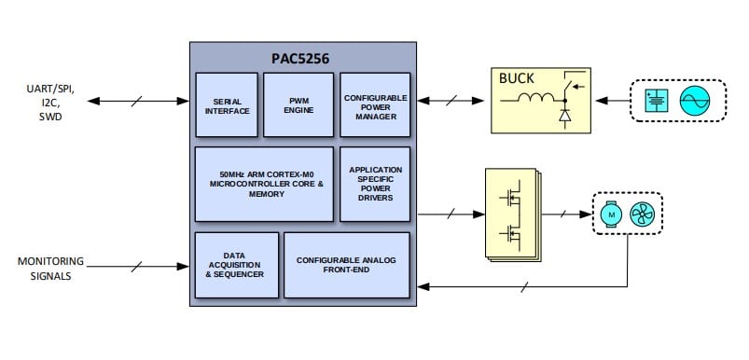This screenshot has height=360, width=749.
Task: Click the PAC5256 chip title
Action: [300, 56]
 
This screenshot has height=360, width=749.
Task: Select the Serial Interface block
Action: [226, 104]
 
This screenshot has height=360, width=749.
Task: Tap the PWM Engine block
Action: [298, 104]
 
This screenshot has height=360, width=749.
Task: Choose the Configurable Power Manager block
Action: [374, 104]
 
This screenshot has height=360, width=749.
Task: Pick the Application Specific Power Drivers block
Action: [374, 183]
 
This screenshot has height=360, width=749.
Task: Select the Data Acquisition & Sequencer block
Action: [236, 265]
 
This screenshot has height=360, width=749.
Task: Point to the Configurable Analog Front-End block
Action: [346, 265]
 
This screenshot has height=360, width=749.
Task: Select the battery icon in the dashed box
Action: [657, 100]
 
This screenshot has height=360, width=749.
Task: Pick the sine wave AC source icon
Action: [696, 100]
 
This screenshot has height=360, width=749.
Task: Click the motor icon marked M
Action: [612, 215]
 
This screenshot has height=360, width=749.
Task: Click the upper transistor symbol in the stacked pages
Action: [511, 199]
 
